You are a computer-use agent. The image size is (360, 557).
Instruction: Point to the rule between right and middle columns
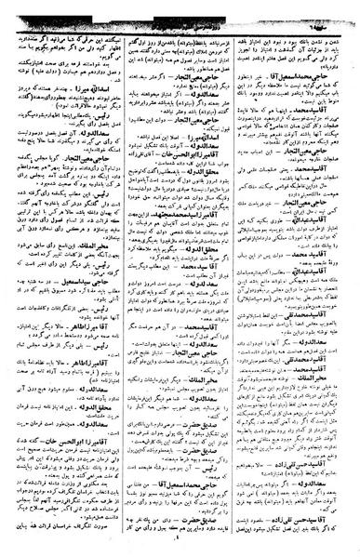click(238, 279)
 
